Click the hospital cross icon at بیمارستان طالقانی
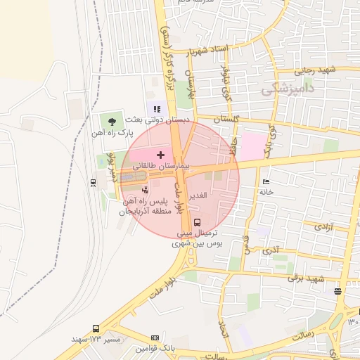click(x=161, y=154)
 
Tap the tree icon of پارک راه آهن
click(x=112, y=121)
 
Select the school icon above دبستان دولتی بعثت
click(x=157, y=109)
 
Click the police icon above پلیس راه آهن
click(x=146, y=189)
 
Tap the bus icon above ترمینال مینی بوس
click(x=196, y=222)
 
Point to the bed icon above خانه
click(x=266, y=182)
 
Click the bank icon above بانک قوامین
click(x=155, y=338)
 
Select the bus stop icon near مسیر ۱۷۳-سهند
click(x=96, y=328)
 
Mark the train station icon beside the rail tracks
click(x=94, y=182)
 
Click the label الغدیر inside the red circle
click(x=198, y=194)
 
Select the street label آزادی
click(x=323, y=226)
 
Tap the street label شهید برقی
click(x=304, y=278)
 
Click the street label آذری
click(x=270, y=250)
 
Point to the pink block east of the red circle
click(x=251, y=146)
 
